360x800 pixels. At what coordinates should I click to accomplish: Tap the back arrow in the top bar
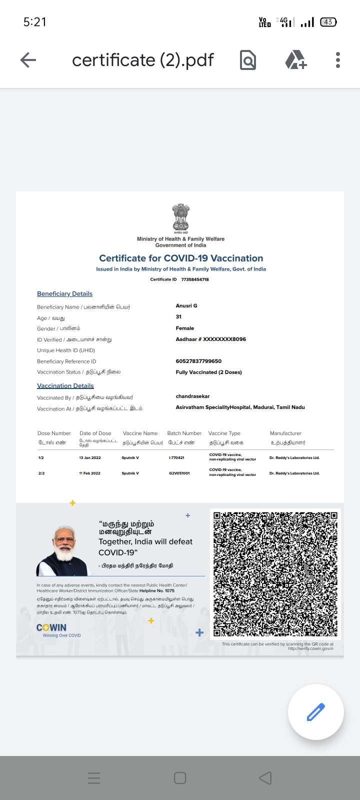(28, 60)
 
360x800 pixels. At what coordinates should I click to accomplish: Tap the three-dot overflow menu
(338, 60)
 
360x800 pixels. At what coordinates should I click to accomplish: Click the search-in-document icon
(248, 60)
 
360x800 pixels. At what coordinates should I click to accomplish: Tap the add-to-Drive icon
(295, 60)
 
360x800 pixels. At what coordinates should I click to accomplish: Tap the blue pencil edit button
(315, 711)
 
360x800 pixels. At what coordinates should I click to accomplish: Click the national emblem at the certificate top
(180, 218)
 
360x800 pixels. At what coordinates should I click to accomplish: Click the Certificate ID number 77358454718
(195, 279)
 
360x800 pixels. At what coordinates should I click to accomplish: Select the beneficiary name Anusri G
(186, 305)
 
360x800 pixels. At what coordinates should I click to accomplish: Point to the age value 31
(178, 316)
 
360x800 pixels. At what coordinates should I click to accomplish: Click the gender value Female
(184, 328)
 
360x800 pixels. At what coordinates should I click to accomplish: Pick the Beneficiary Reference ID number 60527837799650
(198, 361)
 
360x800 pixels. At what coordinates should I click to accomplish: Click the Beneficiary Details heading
(64, 293)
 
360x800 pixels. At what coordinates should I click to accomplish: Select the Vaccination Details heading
(65, 385)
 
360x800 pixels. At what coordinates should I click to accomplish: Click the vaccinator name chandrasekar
(192, 396)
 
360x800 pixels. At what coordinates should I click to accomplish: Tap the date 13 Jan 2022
(90, 458)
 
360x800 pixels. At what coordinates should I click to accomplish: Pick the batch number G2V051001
(179, 473)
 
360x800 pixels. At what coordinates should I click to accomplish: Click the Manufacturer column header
(285, 433)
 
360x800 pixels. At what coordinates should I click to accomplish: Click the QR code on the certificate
(275, 573)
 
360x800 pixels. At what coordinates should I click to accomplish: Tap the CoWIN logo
(51, 628)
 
